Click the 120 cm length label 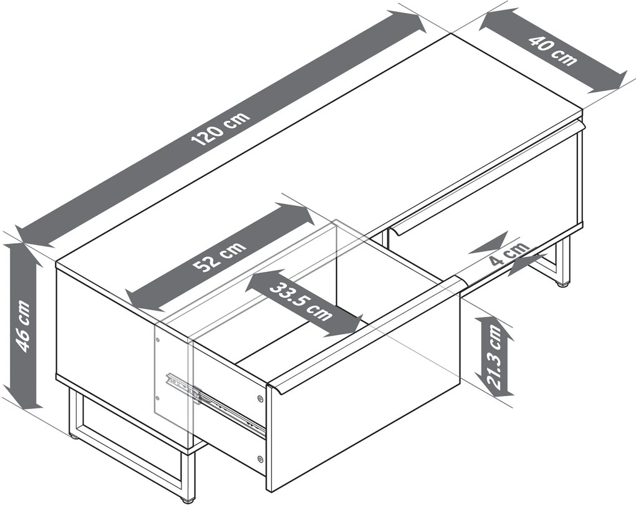[x=221, y=128]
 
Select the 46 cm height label [x=23, y=326]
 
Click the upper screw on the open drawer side [x=259, y=399]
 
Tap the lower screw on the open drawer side [x=259, y=459]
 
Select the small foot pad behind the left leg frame [x=73, y=437]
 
